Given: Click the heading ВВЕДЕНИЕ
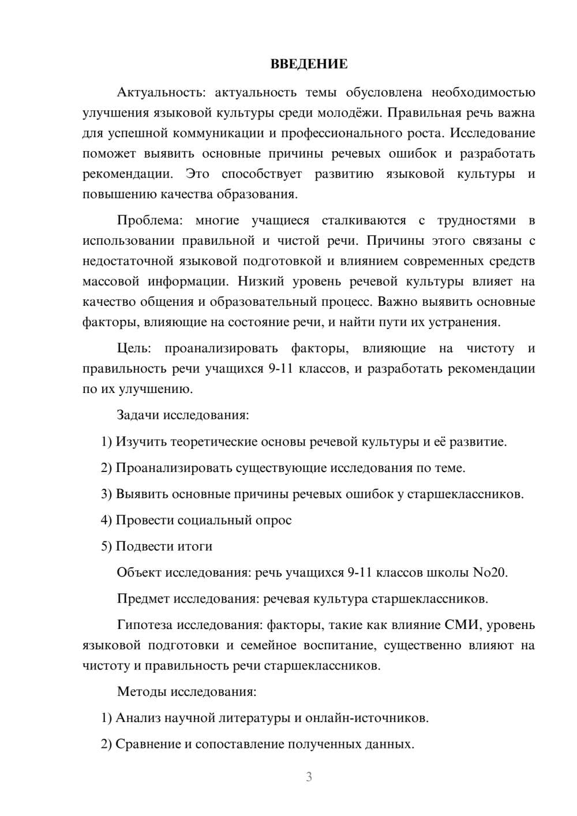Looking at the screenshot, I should (309, 64).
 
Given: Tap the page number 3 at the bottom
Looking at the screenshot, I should (309, 777).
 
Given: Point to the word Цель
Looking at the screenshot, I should (133, 348).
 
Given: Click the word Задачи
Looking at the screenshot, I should (138, 415).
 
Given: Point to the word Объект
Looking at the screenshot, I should (139, 572).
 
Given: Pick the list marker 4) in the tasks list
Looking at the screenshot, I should (106, 520).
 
